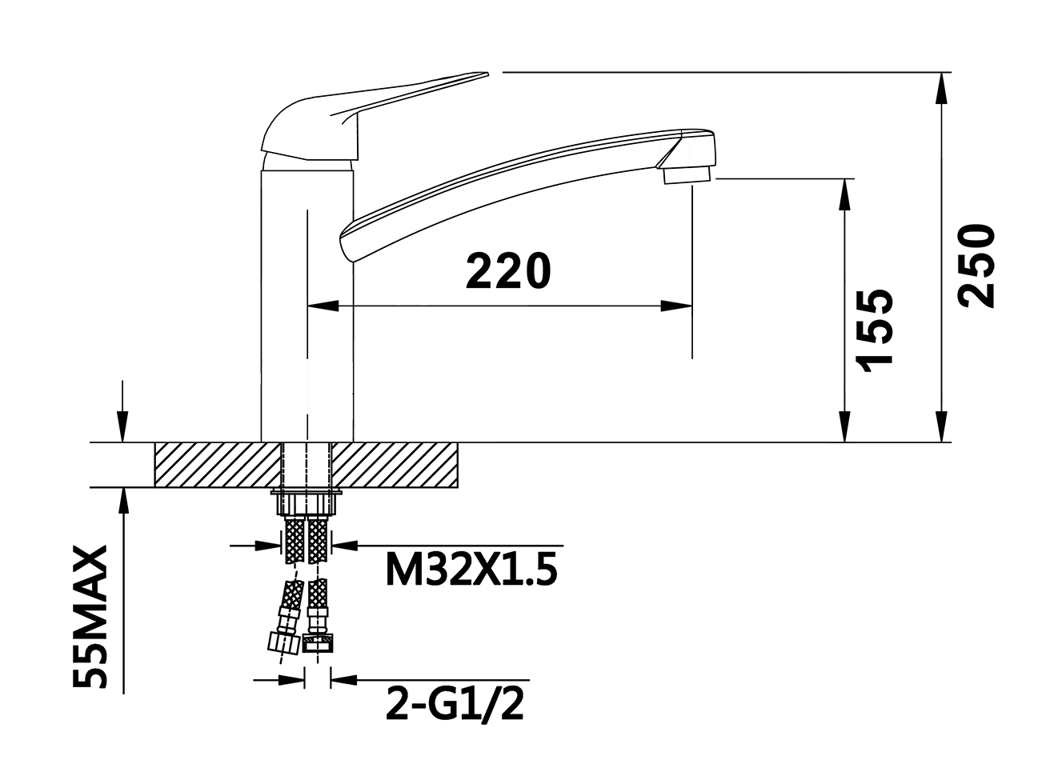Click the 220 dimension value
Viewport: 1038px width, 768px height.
(x=507, y=270)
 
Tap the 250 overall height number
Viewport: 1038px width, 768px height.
(x=976, y=266)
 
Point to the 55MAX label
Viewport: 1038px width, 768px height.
(x=90, y=616)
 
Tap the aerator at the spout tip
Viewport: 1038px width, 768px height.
(x=687, y=175)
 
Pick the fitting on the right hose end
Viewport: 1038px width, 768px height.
(x=319, y=643)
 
